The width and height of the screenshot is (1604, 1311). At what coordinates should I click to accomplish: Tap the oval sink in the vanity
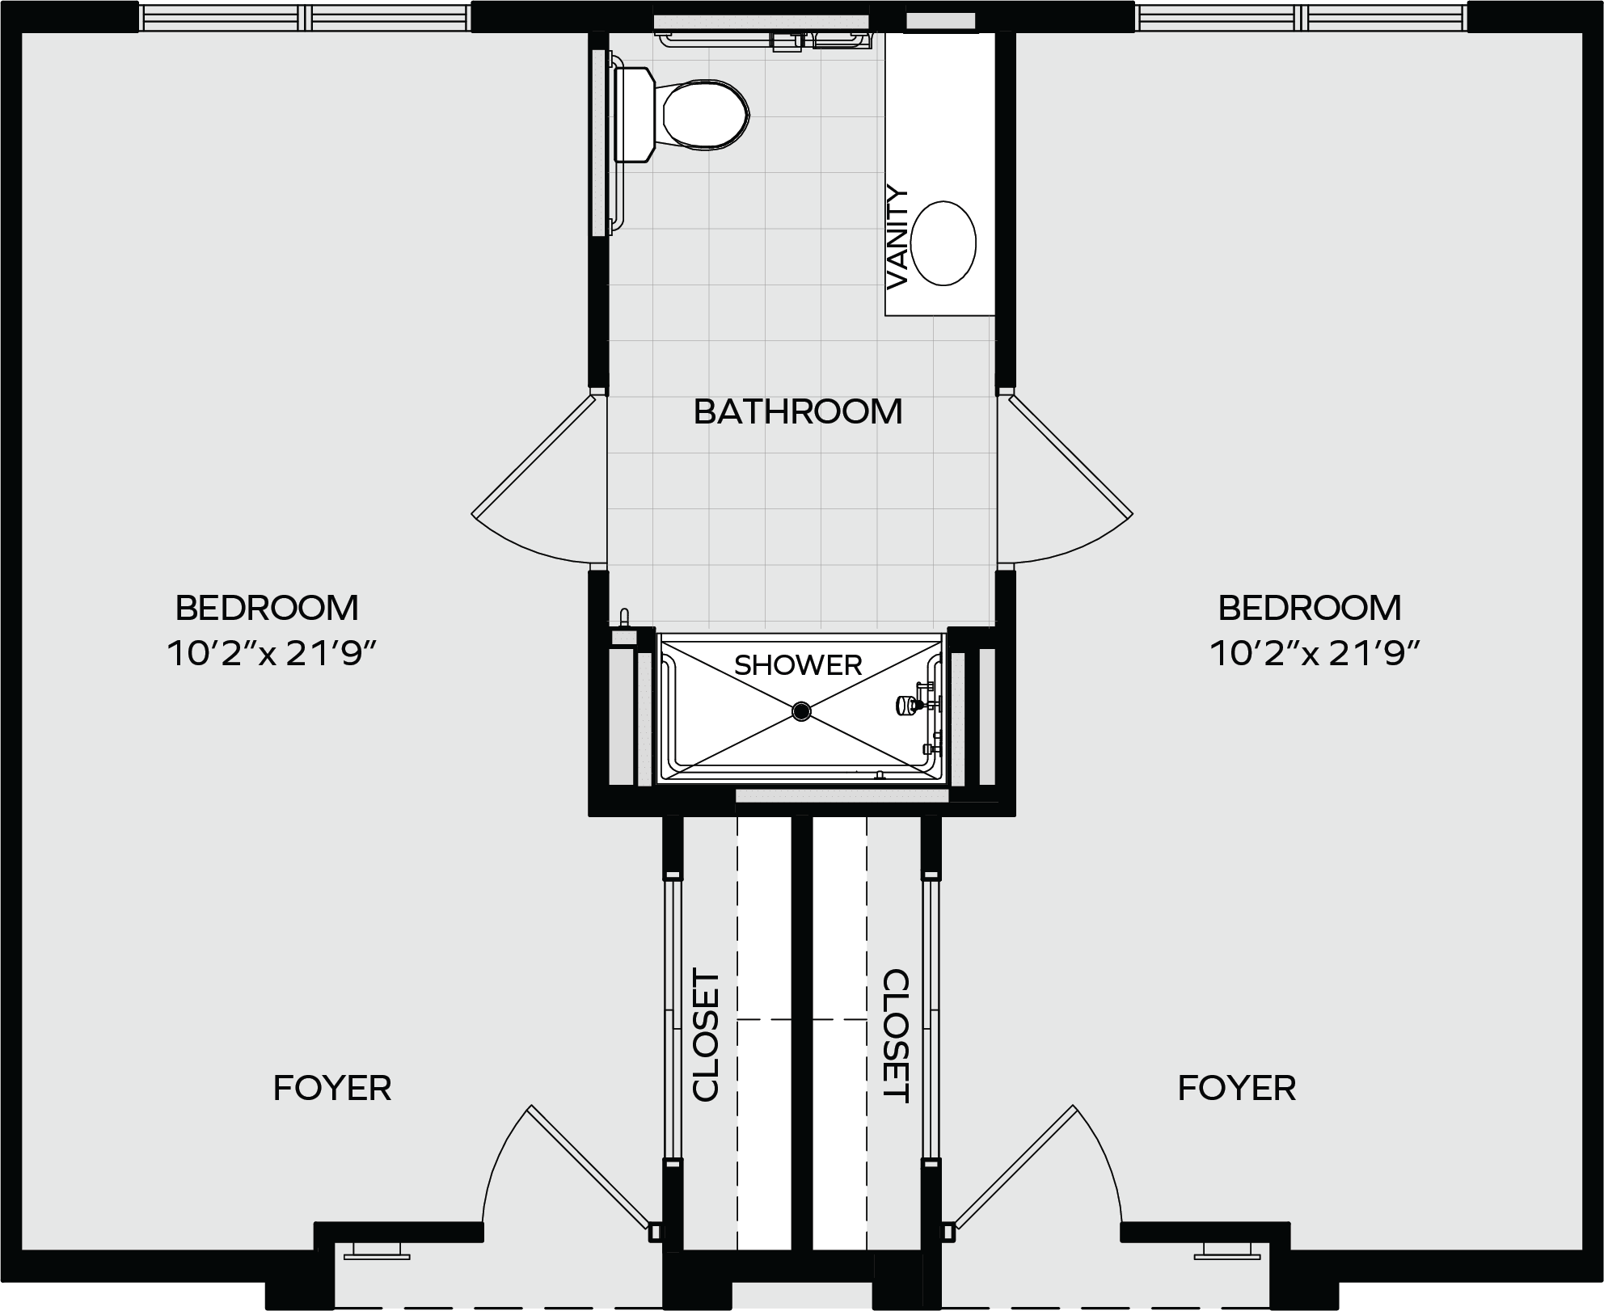point(943,242)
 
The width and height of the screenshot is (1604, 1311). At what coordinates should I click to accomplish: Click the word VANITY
point(897,238)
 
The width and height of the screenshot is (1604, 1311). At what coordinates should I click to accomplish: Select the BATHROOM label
point(798,411)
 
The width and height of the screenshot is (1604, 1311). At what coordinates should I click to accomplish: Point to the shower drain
point(801,711)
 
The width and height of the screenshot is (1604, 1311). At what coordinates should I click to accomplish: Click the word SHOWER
point(798,665)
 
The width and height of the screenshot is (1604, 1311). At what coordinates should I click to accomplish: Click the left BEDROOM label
point(267,608)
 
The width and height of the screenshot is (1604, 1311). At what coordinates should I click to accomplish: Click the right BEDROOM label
point(1310,608)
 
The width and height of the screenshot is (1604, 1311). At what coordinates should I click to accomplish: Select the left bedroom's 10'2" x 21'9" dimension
point(272,653)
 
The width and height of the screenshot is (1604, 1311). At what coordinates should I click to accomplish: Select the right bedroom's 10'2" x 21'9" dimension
point(1315,653)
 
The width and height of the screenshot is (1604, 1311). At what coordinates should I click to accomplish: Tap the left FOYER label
point(332,1088)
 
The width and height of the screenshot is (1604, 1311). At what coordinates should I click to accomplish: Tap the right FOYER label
point(1237,1088)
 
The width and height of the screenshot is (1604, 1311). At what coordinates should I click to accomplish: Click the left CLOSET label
point(706,1035)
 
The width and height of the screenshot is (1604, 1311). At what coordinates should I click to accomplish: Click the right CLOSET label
point(897,1035)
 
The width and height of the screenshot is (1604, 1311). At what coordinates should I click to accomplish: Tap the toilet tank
point(635,115)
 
